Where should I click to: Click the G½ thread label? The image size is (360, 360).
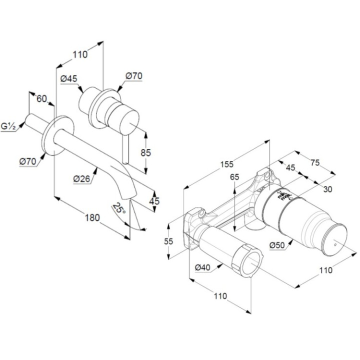[8, 127]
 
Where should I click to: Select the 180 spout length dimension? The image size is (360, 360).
[92, 217]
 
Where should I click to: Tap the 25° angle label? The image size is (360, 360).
[118, 208]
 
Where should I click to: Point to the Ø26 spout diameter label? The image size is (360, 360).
[81, 178]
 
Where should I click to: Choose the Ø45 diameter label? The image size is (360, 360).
[68, 79]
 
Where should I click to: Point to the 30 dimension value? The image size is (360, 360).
[327, 189]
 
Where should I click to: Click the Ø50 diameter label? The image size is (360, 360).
[277, 245]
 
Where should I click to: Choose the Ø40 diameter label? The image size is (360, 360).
[202, 268]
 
